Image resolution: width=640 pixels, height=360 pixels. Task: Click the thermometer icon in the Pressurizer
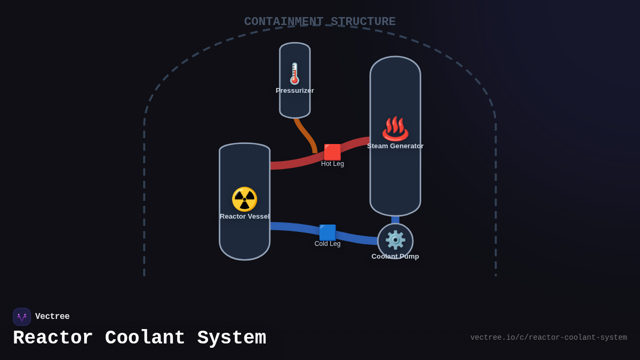294,74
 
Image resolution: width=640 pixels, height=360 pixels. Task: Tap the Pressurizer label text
295,91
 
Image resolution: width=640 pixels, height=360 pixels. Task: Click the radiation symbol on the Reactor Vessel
244,199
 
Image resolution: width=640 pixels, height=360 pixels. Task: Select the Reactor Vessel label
244,217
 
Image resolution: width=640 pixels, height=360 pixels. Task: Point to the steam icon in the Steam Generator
395,129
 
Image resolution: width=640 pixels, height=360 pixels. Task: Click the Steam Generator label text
395,146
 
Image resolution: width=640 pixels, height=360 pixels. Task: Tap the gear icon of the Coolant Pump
395,240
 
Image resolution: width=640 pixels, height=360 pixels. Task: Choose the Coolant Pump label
395,257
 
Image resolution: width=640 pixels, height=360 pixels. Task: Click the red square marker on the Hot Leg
332,152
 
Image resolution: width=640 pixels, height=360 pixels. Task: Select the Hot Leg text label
332,164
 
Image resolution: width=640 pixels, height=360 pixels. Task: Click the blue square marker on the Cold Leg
327,233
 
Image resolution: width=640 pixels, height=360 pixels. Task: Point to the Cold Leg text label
327,244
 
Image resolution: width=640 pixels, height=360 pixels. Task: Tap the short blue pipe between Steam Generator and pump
395,219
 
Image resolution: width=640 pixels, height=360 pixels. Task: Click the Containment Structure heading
320,22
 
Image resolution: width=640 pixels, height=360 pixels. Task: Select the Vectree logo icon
22,317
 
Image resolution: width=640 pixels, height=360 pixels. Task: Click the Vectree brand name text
52,317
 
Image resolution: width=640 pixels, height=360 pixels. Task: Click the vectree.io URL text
548,338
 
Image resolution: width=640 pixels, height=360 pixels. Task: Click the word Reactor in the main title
53,338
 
